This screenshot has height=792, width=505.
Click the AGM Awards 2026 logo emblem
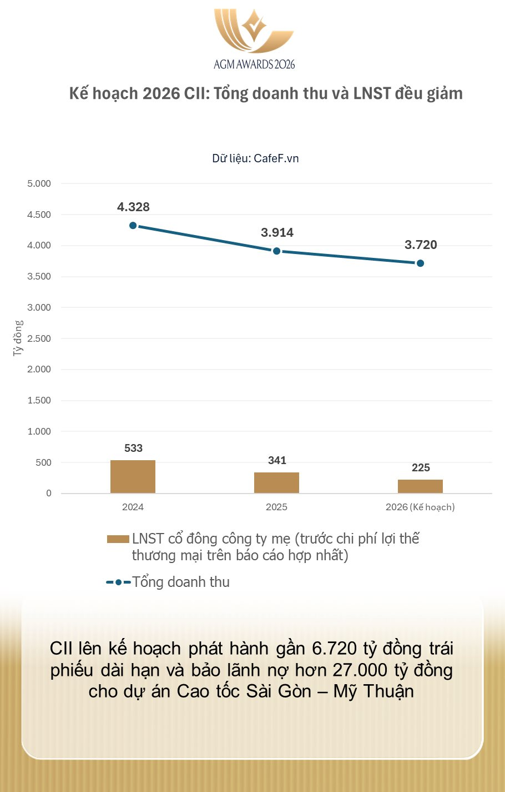(x=254, y=31)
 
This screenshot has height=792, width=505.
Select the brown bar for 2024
(x=133, y=477)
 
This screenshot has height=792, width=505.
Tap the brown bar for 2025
(x=276, y=482)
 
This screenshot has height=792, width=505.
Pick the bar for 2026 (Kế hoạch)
(x=420, y=486)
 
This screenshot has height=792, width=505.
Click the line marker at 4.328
(x=133, y=226)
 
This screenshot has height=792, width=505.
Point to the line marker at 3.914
(x=276, y=251)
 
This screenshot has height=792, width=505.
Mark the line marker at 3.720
(x=420, y=263)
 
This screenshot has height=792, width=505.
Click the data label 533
(x=133, y=448)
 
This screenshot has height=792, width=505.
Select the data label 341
(x=277, y=460)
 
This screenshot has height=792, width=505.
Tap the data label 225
(x=421, y=467)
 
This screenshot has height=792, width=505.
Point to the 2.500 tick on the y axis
(x=39, y=338)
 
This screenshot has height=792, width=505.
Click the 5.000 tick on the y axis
(x=39, y=183)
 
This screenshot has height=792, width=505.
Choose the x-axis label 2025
(x=276, y=507)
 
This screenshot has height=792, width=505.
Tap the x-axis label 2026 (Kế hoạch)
(x=420, y=507)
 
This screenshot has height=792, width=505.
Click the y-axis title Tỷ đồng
(x=18, y=338)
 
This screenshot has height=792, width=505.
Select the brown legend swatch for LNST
(x=118, y=539)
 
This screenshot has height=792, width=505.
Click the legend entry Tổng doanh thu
(x=181, y=582)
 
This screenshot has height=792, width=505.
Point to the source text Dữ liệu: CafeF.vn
(x=255, y=158)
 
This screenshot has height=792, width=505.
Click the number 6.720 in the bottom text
(x=334, y=649)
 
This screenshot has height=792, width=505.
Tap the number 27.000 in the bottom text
(x=360, y=670)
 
